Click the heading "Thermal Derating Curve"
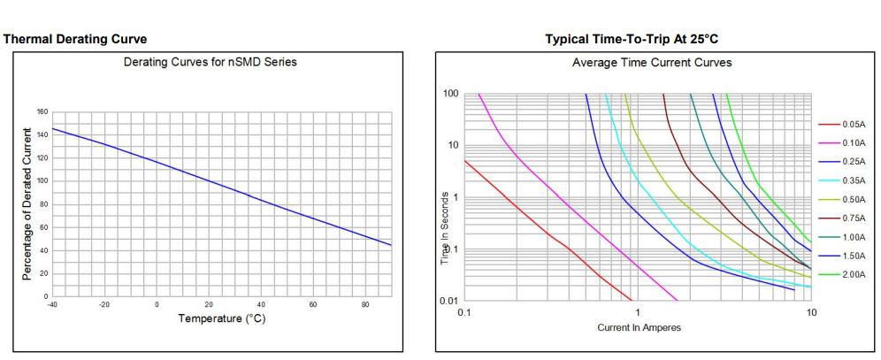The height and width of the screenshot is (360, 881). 75,39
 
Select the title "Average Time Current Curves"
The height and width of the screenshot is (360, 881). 652,63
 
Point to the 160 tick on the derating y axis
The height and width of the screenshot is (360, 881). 42,112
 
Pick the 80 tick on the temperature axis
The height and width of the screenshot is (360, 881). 365,304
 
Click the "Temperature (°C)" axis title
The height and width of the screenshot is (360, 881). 221,318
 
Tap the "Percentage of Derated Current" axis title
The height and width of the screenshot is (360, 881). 27,203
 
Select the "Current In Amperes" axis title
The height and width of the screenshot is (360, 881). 639,328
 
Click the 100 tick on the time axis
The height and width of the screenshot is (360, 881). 449,94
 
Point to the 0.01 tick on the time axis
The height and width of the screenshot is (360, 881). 448,301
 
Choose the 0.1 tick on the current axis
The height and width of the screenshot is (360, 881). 463,312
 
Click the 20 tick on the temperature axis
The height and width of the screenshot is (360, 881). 209,304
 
